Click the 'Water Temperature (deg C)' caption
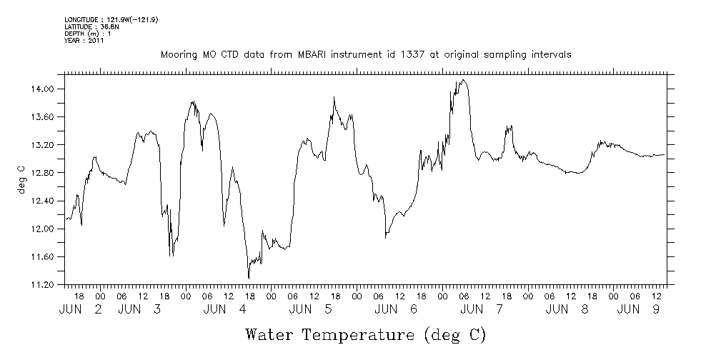(366, 334)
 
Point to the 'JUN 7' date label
(482, 310)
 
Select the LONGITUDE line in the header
(111, 20)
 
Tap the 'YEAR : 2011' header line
(84, 41)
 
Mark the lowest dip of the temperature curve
(249, 278)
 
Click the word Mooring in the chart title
(179, 55)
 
